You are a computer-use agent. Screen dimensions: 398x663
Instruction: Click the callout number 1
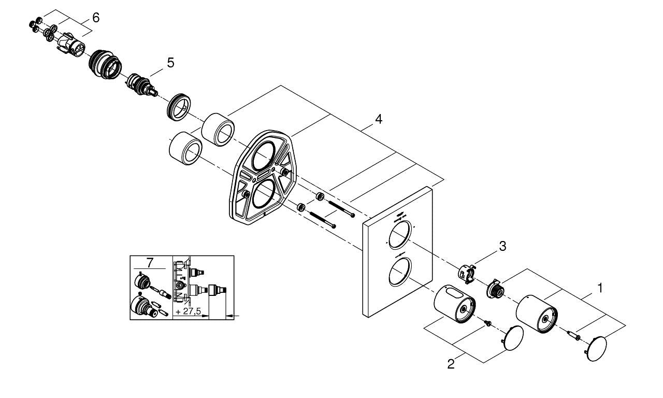tap(600, 288)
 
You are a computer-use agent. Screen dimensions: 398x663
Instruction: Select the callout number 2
tap(451, 364)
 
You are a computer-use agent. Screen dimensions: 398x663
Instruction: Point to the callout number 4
tap(379, 119)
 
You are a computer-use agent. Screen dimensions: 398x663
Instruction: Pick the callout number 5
tap(170, 63)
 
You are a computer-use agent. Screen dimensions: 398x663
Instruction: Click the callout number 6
tap(95, 17)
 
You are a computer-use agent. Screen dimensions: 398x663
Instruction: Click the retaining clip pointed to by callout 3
tap(467, 273)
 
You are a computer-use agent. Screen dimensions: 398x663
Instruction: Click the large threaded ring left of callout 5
tap(106, 64)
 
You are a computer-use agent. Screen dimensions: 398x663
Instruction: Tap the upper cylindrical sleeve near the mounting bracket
tap(218, 129)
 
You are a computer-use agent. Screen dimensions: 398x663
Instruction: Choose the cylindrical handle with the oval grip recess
tap(454, 304)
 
